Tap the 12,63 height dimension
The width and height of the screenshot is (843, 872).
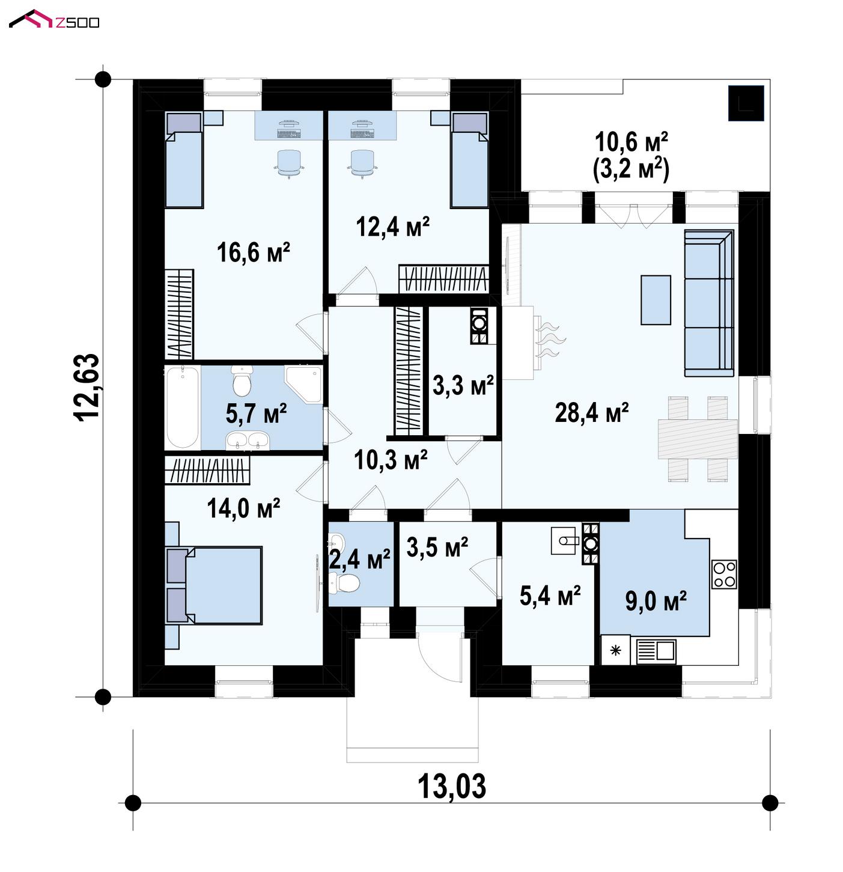87,386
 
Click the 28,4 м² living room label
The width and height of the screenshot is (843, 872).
591,413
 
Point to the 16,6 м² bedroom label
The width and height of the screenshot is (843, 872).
254,252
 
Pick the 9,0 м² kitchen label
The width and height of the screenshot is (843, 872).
656,601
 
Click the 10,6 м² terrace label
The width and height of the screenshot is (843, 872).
631,142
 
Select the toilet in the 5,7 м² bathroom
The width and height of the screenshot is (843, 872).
242,382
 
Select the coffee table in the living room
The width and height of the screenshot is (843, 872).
656,300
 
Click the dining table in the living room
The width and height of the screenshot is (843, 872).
698,439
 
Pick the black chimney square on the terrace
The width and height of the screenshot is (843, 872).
746,103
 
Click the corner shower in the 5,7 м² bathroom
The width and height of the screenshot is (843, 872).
303,385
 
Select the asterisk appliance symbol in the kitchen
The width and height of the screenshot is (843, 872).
616,650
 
